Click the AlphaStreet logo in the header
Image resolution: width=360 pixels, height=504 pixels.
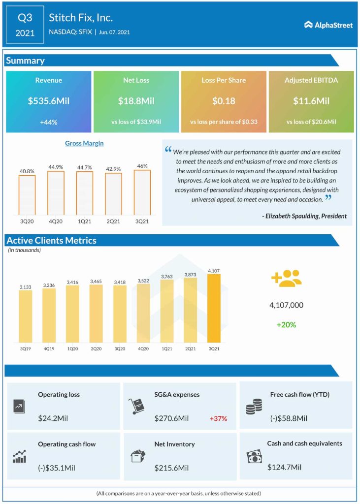click(328, 25)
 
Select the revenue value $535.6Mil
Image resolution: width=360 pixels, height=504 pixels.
click(49, 101)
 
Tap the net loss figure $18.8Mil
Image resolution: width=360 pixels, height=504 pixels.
click(136, 101)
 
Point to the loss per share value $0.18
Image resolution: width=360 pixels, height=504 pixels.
click(224, 101)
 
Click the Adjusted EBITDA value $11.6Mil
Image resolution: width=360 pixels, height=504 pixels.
click(311, 101)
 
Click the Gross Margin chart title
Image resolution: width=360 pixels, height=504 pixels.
click(84, 143)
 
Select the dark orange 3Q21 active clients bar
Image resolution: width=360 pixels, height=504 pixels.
click(214, 308)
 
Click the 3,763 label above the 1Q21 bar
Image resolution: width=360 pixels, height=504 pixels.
click(166, 277)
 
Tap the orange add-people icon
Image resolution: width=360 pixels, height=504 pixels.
click(286, 278)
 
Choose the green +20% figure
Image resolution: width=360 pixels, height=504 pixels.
click(286, 325)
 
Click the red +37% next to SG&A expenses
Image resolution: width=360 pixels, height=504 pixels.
click(218, 418)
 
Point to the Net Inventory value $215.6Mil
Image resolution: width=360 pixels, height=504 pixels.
click(171, 467)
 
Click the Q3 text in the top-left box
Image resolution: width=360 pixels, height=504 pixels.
click(25, 18)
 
